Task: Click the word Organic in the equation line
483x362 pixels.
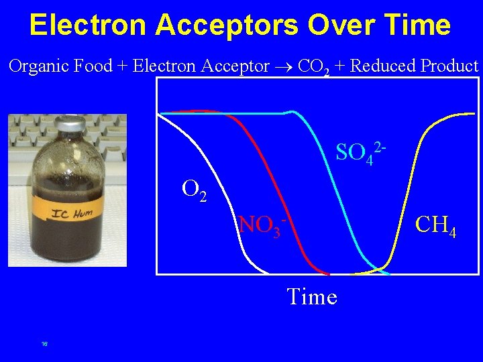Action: pos(34,66)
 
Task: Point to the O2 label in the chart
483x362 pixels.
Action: pos(194,190)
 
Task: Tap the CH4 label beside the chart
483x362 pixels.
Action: pos(436,225)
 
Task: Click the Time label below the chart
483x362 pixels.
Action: pos(311,296)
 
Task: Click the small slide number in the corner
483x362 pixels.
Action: pos(44,344)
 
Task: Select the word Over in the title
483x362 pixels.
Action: pos(335,25)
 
